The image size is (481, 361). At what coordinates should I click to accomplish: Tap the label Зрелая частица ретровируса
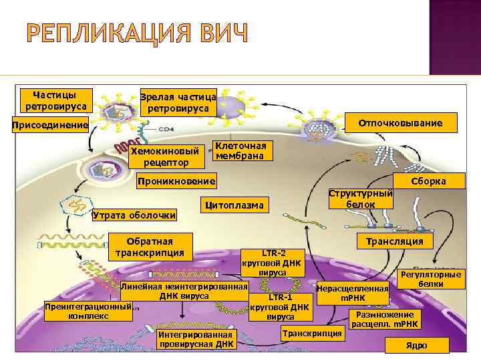pos(177,102)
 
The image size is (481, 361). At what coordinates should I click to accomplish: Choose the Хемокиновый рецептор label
pos(165,156)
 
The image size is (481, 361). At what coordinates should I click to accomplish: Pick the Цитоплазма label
pos(234,203)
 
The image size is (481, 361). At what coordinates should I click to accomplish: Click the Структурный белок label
pos(360,198)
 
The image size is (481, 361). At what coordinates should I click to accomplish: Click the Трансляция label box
pos(395,241)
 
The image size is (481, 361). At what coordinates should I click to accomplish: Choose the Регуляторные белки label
pos(429,279)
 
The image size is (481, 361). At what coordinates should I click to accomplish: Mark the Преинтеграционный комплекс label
pos(88,311)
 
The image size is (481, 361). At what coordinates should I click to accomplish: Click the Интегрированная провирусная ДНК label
pos(196,340)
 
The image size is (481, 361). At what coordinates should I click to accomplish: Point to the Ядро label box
pos(416,345)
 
